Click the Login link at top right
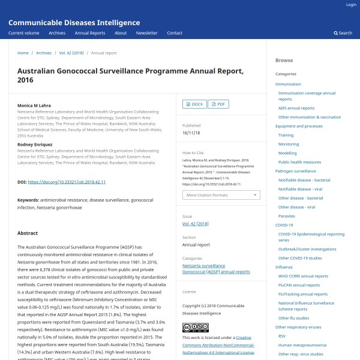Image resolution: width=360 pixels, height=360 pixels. point(351,5)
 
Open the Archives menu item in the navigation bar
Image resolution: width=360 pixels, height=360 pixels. point(57,33)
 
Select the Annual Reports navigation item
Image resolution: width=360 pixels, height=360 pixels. point(90,33)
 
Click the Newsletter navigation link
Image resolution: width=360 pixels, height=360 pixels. point(147,33)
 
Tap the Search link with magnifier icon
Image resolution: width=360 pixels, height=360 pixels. point(344,33)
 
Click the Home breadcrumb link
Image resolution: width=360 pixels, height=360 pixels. point(23,53)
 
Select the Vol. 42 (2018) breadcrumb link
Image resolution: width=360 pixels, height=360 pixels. point(71,53)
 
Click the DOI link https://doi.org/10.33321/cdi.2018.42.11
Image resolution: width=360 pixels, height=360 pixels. point(67,182)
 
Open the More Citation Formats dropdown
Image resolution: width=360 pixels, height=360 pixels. point(221,195)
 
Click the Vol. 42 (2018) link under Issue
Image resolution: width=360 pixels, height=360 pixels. point(195,223)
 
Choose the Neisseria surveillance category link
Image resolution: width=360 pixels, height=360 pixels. point(203,265)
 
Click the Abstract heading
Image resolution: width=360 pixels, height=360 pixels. point(28,233)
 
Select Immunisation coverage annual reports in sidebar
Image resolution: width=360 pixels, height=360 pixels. point(307,96)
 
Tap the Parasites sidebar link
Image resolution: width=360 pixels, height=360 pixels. point(286,216)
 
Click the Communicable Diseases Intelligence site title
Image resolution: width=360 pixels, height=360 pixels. point(74,23)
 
